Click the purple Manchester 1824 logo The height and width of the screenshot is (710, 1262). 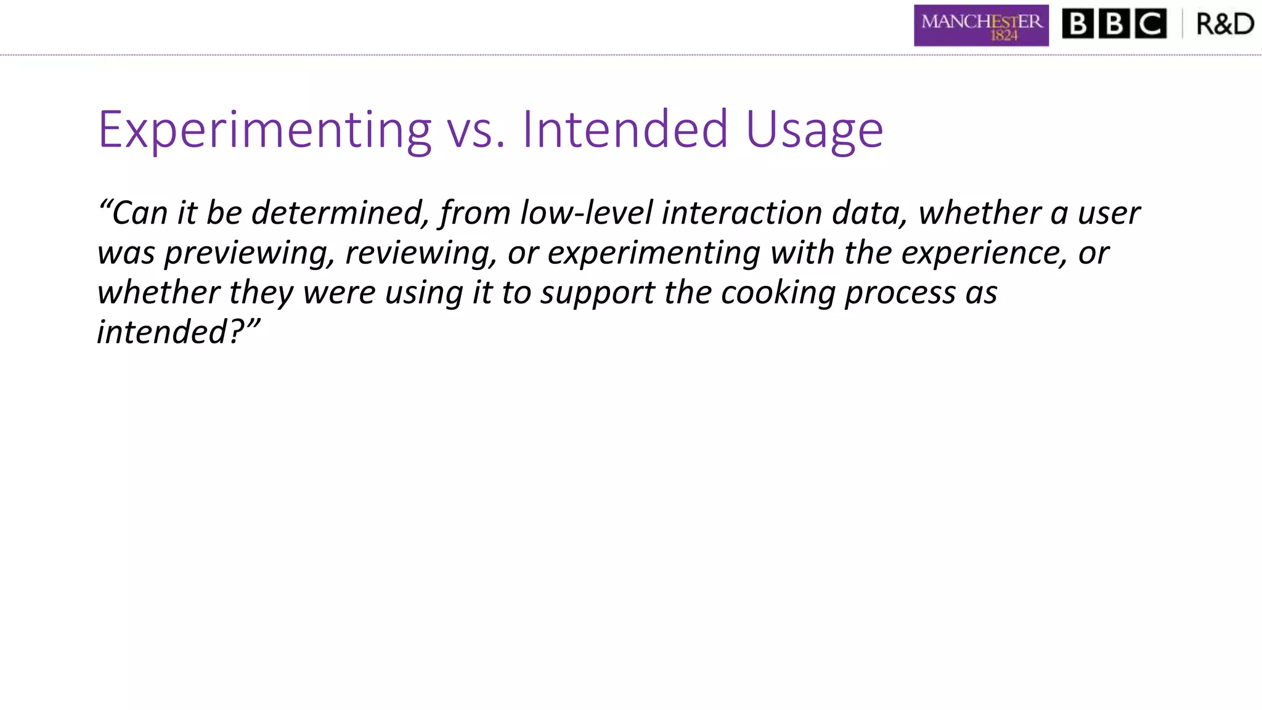coord(981,25)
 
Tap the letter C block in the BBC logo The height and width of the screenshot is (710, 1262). coord(1150,25)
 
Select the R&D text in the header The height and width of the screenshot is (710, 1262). coord(1224,25)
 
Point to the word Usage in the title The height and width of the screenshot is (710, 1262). coord(814,129)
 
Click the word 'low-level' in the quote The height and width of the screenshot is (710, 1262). coord(586,213)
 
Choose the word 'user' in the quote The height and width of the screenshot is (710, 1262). coord(1109,213)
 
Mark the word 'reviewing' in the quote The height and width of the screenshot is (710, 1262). coord(421,253)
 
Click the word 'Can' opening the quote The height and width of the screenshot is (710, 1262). coord(139,213)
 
